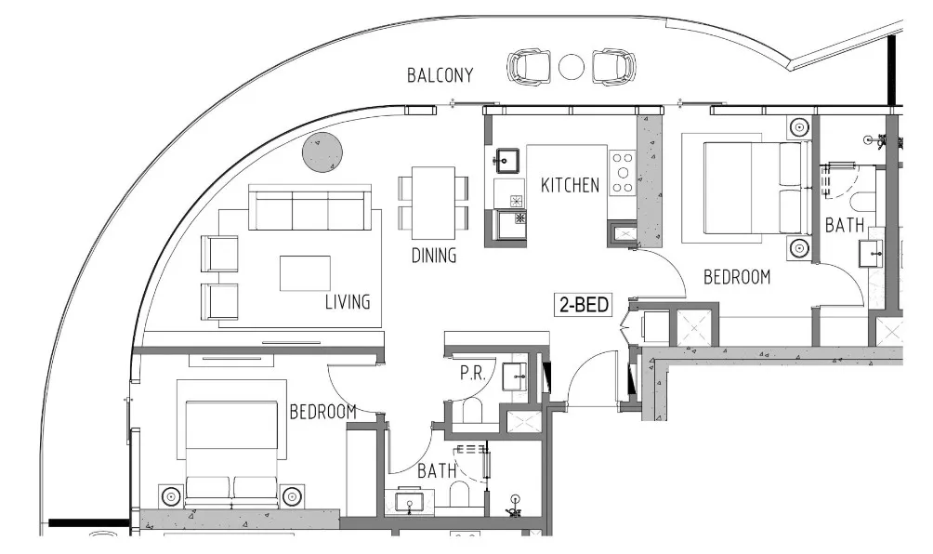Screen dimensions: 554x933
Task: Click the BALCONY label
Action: (x=440, y=75)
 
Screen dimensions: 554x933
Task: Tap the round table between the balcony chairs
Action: (x=572, y=67)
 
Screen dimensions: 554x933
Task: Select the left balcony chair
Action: (x=529, y=67)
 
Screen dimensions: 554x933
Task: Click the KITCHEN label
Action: (x=570, y=186)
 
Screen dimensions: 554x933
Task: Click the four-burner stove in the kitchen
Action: (x=621, y=172)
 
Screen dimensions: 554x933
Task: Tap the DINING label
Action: (x=434, y=256)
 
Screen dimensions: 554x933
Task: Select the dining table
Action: (x=434, y=203)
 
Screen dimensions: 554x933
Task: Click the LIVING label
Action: (x=348, y=302)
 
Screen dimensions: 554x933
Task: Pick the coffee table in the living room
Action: (x=305, y=272)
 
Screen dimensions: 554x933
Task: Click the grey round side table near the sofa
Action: (x=322, y=152)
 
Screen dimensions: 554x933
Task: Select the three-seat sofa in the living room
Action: (x=310, y=208)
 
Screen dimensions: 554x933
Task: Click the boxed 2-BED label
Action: (x=584, y=304)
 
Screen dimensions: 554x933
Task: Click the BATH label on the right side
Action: (x=845, y=225)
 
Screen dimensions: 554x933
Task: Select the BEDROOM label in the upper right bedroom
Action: (x=737, y=276)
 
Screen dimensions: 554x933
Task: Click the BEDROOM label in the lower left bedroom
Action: (x=322, y=412)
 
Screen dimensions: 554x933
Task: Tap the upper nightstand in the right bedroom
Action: (x=798, y=127)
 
